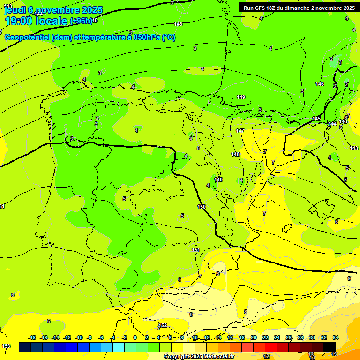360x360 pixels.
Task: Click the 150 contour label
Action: coord(202,207)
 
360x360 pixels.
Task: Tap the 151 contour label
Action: coord(196,250)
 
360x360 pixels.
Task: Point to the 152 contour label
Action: coord(163,325)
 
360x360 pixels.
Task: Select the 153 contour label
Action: coord(6,346)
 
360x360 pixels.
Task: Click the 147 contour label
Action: coord(240,131)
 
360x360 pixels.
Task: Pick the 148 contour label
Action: coord(235,154)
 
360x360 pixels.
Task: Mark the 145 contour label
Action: coord(316,119)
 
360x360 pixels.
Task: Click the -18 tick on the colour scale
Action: coord(32,337)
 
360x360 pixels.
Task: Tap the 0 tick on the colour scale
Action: coord(135,337)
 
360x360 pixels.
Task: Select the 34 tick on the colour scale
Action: coord(336,337)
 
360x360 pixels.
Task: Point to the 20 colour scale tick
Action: coord(254,337)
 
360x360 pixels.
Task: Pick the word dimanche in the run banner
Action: coord(305,8)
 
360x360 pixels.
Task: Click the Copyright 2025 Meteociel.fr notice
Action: coord(199,357)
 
